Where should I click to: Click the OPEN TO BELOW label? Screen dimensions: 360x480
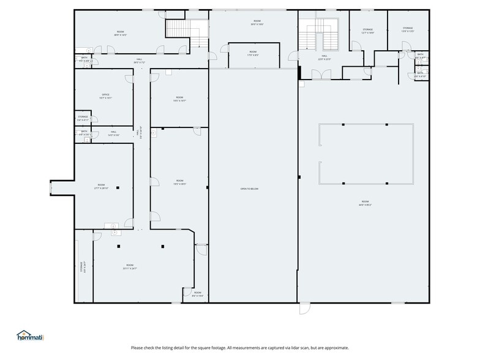tap(249, 189)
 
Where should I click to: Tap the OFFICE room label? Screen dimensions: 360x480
tap(106, 96)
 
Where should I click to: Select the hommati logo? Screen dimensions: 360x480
tap(30, 336)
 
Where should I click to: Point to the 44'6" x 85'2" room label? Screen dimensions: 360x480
tap(365, 203)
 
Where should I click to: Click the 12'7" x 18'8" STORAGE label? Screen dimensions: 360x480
tap(367, 31)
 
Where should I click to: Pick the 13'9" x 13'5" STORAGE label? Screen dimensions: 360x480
tap(408, 29)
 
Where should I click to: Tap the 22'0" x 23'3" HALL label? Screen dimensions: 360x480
tap(324, 58)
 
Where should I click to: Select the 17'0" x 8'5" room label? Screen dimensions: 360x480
tap(253, 53)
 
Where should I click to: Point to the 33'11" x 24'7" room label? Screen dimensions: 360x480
tap(130, 267)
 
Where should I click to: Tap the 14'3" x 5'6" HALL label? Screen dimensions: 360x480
tap(114, 133)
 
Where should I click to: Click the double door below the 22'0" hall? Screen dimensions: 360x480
tap(319, 75)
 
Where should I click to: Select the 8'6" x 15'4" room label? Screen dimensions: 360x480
tap(198, 294)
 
